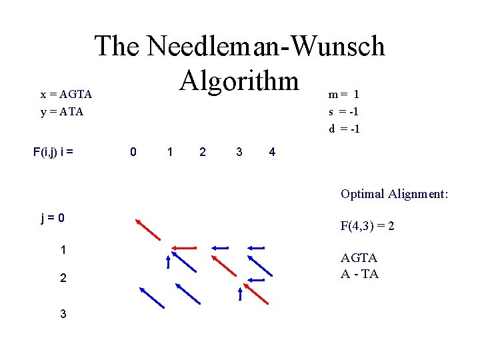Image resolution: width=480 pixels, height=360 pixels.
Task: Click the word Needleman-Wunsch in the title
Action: coord(265,47)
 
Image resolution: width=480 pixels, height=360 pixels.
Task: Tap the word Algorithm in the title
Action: coord(239,81)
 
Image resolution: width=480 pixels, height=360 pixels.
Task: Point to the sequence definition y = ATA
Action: coord(62,112)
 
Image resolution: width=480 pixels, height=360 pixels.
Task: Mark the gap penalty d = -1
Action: coord(344,128)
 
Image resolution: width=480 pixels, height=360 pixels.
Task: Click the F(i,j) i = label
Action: coord(53,152)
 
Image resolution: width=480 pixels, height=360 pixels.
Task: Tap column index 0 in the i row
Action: coord(133,152)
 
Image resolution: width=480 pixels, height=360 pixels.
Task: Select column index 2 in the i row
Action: coord(203,152)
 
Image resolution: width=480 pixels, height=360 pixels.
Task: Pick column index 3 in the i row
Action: coord(239,152)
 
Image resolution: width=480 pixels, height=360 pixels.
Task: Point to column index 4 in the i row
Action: coord(272,152)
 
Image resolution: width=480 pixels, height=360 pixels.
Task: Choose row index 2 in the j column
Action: coord(63,278)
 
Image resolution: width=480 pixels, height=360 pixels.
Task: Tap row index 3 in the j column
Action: coord(63,313)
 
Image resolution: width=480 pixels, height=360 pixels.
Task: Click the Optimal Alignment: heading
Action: coord(394,194)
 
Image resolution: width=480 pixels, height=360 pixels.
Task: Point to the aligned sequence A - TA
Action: coord(359,274)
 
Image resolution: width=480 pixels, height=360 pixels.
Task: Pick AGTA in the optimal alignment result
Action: coord(359,257)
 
